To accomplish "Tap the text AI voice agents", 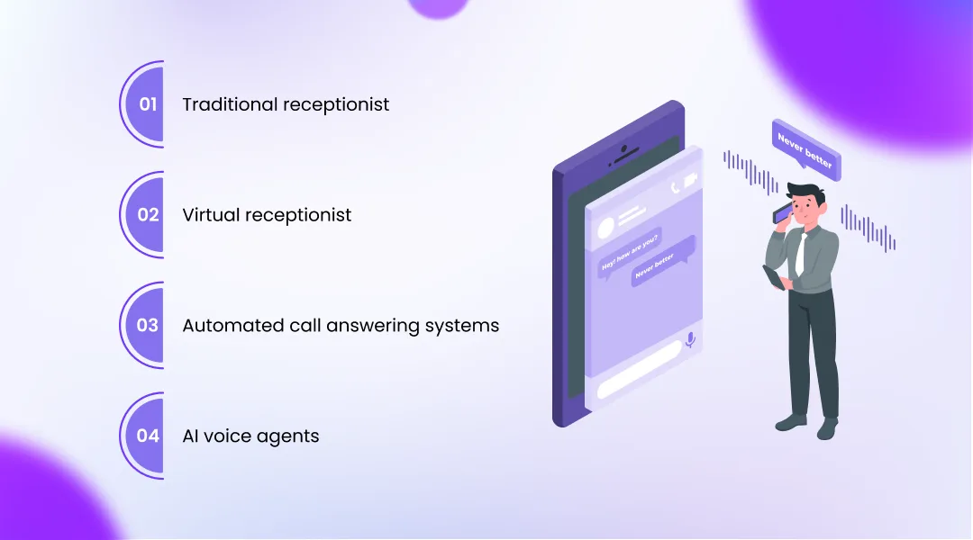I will pyautogui.click(x=250, y=436).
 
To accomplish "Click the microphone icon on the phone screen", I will pyautogui.click(x=690, y=340).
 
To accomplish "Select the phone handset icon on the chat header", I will pyautogui.click(x=675, y=187).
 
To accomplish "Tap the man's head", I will pyautogui.click(x=803, y=202).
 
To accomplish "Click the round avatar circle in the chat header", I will pyautogui.click(x=601, y=226).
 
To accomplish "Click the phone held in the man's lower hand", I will pyautogui.click(x=773, y=277).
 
